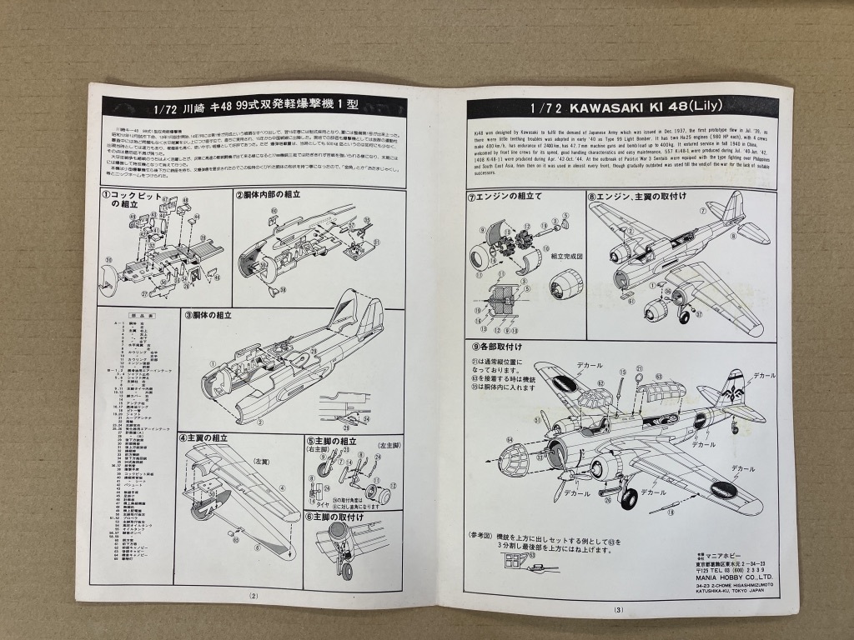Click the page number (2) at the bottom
(254, 595)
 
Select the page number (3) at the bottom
(618, 609)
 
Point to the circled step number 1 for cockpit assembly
(106, 195)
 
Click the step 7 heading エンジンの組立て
(510, 198)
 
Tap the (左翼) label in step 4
(262, 460)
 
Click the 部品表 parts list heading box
(140, 316)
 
